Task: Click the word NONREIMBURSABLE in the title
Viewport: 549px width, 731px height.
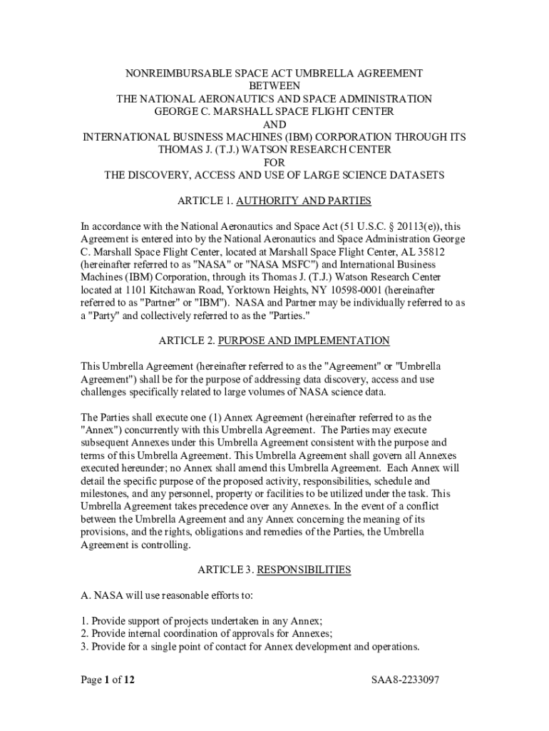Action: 170,73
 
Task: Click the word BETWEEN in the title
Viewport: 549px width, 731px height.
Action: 274,86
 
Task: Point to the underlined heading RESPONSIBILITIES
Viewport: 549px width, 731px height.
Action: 304,570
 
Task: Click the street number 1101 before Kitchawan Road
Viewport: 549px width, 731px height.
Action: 138,290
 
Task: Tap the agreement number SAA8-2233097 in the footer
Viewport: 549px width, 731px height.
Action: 405,680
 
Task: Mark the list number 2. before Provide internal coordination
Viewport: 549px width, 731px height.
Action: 84,634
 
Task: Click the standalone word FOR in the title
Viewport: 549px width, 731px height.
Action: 274,162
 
